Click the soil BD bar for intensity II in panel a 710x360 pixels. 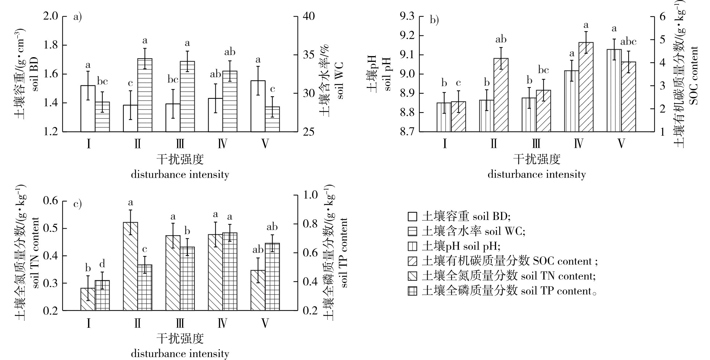click(x=130, y=118)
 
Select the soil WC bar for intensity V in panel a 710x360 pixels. click(x=272, y=119)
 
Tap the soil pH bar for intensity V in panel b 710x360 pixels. click(x=614, y=90)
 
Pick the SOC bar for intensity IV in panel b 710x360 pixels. click(x=586, y=87)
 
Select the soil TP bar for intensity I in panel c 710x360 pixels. click(x=102, y=295)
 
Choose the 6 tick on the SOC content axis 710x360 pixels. click(x=662, y=16)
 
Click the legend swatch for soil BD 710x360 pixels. click(x=412, y=216)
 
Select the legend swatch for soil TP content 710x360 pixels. click(x=412, y=291)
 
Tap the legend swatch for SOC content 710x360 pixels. click(x=412, y=261)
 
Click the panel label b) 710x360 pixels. click(x=434, y=20)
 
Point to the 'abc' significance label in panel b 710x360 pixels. click(x=628, y=42)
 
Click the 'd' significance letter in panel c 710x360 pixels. click(x=102, y=263)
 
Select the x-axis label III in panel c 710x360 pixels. click(x=180, y=322)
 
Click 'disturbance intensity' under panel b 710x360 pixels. click(x=537, y=174)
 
